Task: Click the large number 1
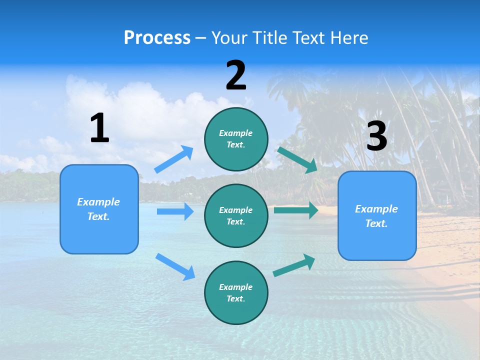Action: [x=99, y=128]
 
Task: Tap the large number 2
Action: [x=236, y=75]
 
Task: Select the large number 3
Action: [x=376, y=136]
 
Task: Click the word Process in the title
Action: [x=157, y=37]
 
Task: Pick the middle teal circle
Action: [x=236, y=215]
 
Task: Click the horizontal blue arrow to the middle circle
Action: [x=175, y=211]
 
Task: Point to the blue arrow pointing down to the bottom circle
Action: [x=175, y=266]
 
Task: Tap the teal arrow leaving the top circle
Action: [x=297, y=159]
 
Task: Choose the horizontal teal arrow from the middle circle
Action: [x=296, y=210]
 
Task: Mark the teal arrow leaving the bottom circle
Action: [x=294, y=265]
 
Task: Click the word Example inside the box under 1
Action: [x=98, y=202]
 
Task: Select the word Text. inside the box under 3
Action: [x=376, y=223]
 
